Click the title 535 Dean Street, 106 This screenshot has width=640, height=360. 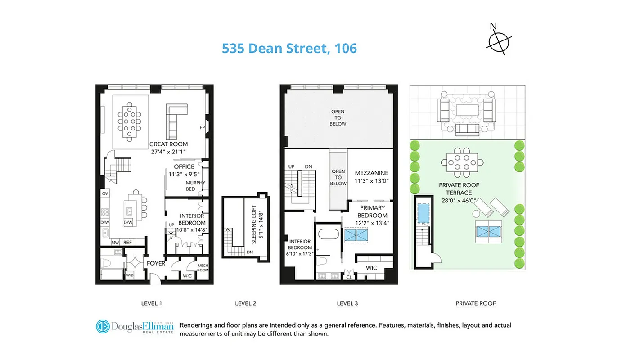(289, 48)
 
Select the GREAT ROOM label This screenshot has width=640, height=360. (168, 144)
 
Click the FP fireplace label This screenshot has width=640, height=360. (202, 127)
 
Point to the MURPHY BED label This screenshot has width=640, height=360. (195, 186)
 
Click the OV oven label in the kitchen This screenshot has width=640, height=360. (105, 193)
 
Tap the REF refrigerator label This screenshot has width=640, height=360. (128, 243)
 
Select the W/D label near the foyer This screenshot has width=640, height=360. (130, 274)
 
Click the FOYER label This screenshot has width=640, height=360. (156, 263)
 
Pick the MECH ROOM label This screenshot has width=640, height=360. (203, 268)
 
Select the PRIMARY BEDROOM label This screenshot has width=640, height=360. (372, 211)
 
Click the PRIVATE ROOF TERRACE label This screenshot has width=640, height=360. (459, 189)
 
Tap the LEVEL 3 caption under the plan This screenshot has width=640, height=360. (347, 303)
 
